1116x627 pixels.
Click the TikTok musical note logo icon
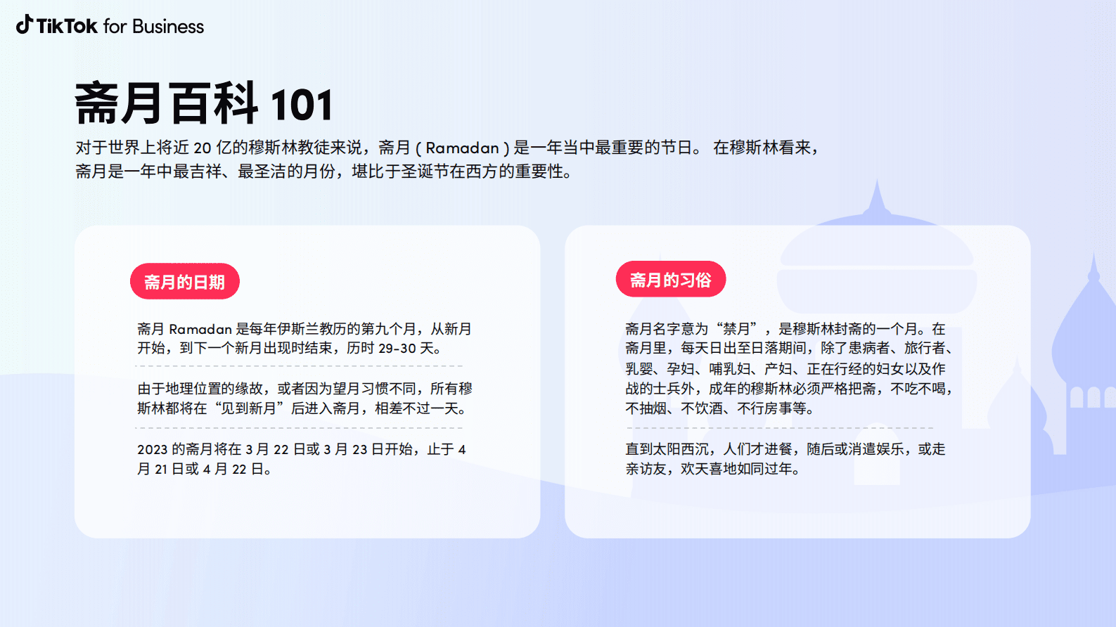pyautogui.click(x=25, y=25)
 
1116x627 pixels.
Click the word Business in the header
pyautogui.click(x=167, y=27)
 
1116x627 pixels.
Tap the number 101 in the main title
pyautogui.click(x=301, y=105)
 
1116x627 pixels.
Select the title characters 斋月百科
pyautogui.click(x=166, y=104)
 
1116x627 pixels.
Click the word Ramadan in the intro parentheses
pyautogui.click(x=462, y=148)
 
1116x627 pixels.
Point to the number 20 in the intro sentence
pyautogui.click(x=203, y=148)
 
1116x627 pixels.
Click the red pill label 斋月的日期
pyautogui.click(x=184, y=282)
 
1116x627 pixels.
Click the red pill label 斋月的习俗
pyautogui.click(x=670, y=280)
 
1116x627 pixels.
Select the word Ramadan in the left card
pyautogui.click(x=200, y=329)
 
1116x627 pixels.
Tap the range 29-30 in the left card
pyautogui.click(x=397, y=349)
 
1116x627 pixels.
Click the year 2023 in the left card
pyautogui.click(x=152, y=450)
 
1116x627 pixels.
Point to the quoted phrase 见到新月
pyautogui.click(x=248, y=408)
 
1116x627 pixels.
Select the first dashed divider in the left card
pyautogui.click(x=299, y=366)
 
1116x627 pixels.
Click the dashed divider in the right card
pyautogui.click(x=779, y=427)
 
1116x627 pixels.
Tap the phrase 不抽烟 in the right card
pyautogui.click(x=646, y=408)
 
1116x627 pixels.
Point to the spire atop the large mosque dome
pyautogui.click(x=876, y=197)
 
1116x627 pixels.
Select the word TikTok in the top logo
pyautogui.click(x=67, y=27)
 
